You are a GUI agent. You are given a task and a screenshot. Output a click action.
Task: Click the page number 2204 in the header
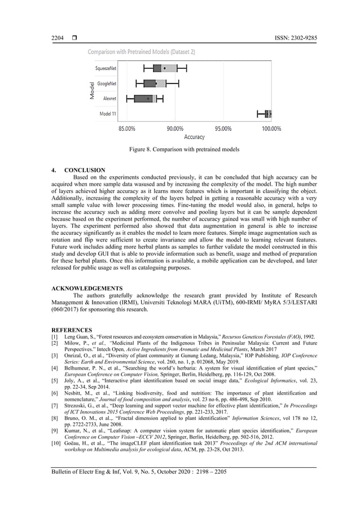coord(58,37)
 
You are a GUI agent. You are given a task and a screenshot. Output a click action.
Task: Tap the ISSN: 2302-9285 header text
coord(291,37)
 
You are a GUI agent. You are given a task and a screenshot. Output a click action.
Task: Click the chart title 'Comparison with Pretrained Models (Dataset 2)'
coord(141,52)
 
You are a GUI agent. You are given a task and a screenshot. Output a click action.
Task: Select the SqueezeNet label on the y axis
coord(106,68)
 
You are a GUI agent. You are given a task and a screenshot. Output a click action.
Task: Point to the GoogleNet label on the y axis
coord(107,84)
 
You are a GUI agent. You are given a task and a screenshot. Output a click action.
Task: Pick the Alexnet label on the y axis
coord(109,98)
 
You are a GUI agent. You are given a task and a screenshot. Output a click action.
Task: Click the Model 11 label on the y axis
coord(108,113)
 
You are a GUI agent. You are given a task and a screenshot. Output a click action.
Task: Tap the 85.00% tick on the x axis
coord(126,129)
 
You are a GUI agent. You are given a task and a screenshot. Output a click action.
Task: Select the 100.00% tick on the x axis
coord(271,129)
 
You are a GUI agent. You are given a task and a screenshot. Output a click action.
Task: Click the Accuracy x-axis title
coord(195,137)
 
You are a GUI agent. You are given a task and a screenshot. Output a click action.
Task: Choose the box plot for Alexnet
coord(144,98)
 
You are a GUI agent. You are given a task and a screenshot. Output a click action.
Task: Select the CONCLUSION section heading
coord(85,170)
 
